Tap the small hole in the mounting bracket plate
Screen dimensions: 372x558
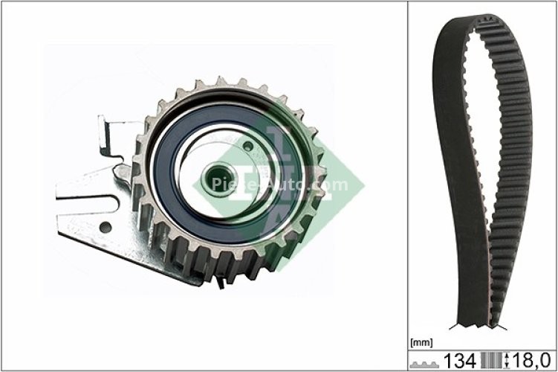[x=106, y=226]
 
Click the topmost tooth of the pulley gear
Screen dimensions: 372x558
[x=221, y=81]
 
